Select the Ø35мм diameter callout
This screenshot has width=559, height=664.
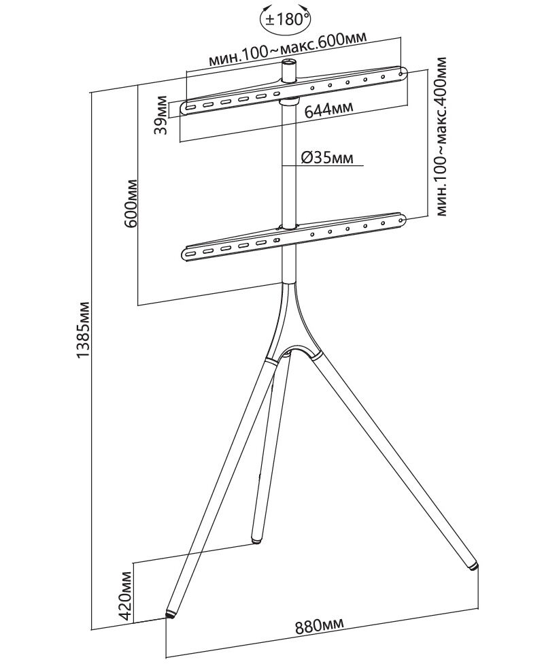click(x=326, y=158)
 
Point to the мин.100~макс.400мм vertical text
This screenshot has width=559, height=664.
click(x=443, y=137)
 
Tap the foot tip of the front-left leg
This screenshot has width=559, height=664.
click(x=170, y=614)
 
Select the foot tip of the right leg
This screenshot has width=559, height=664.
click(x=473, y=565)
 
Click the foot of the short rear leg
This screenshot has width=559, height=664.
click(x=256, y=540)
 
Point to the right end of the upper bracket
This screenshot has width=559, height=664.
click(x=402, y=71)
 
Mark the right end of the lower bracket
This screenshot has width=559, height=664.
click(x=402, y=220)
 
